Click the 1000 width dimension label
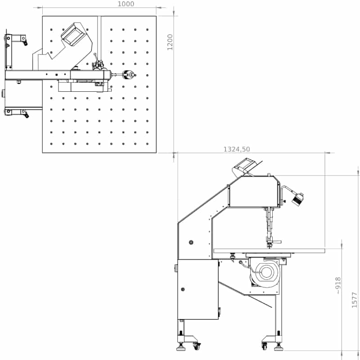(x=126, y=4)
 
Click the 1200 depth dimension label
(x=170, y=42)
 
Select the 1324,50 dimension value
(x=237, y=149)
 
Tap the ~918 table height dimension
(x=338, y=285)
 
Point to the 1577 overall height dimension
(x=355, y=300)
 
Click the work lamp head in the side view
(x=298, y=199)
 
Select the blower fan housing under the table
(x=265, y=272)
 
